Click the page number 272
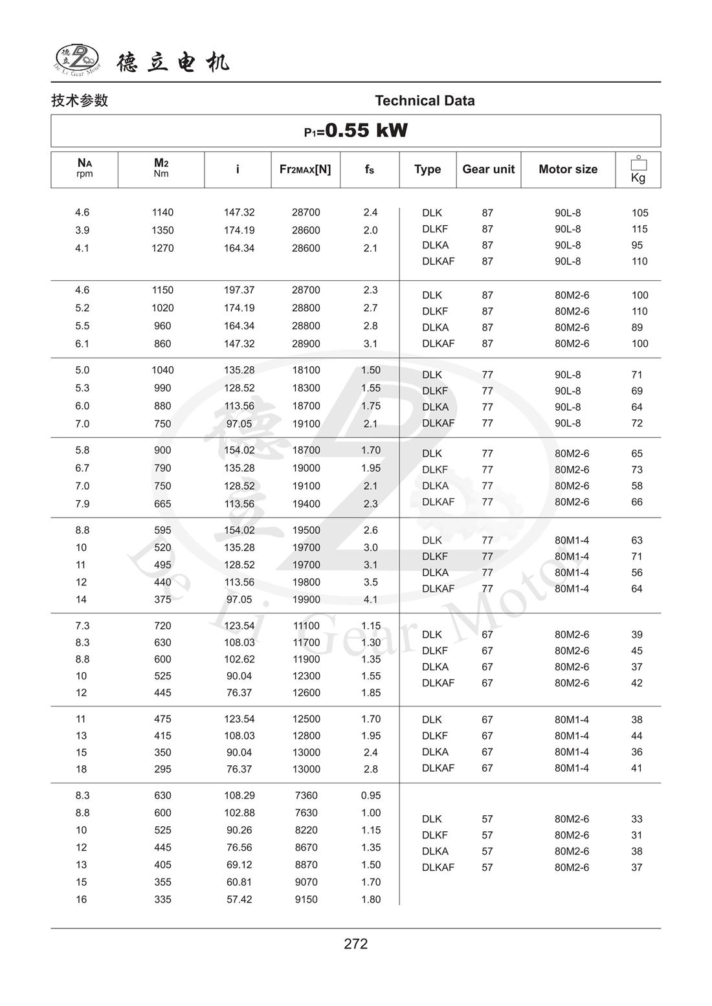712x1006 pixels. pos(355,944)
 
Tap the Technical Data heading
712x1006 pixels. pos(425,101)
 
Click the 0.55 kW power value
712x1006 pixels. pos(366,131)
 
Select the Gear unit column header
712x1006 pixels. pos(488,169)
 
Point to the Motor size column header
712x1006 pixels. pos(568,169)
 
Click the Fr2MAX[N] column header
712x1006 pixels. pos(305,169)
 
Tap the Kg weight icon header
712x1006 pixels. pos(638,169)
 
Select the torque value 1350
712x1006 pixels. pos(162,230)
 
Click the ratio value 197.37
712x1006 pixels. pos(239,290)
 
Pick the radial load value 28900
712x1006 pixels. pos(306,344)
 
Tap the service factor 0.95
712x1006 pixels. pos(371,796)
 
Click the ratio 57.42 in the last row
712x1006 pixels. pos(239,899)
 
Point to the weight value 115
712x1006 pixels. pos(640,229)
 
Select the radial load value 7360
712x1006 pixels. pos(306,796)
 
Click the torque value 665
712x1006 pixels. pos(162,503)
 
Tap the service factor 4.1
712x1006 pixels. pos(370,600)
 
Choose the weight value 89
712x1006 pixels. pos(637,327)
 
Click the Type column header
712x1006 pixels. pos(427,169)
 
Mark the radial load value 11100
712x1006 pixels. pos(306,626)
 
